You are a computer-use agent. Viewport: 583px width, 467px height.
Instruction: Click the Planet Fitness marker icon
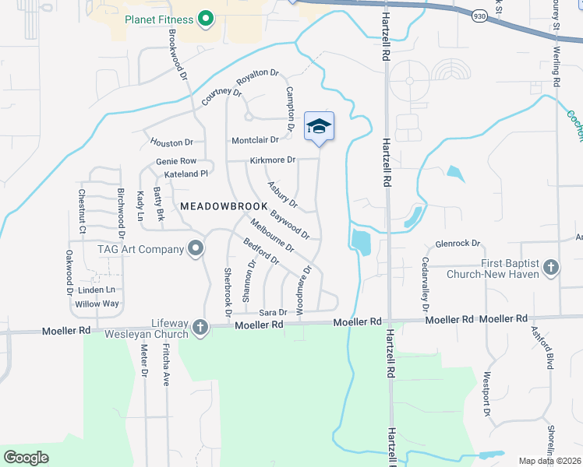click(206, 18)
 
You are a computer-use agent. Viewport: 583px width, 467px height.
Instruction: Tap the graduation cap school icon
click(319, 125)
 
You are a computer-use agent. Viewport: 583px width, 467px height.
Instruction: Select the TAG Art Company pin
click(196, 249)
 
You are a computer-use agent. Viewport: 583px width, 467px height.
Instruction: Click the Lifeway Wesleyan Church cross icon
click(200, 327)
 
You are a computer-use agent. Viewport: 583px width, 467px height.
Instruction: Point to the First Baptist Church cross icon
click(551, 269)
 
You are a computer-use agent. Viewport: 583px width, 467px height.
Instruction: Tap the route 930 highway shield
click(479, 15)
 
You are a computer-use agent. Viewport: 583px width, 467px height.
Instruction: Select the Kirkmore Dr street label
click(273, 160)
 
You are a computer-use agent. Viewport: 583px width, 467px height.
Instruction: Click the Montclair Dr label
click(255, 140)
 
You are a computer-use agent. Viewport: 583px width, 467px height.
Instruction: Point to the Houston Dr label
click(171, 142)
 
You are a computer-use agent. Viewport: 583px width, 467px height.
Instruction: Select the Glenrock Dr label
click(458, 244)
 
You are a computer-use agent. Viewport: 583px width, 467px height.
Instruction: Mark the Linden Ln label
click(101, 290)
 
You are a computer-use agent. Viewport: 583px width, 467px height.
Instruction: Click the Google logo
click(26, 458)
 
